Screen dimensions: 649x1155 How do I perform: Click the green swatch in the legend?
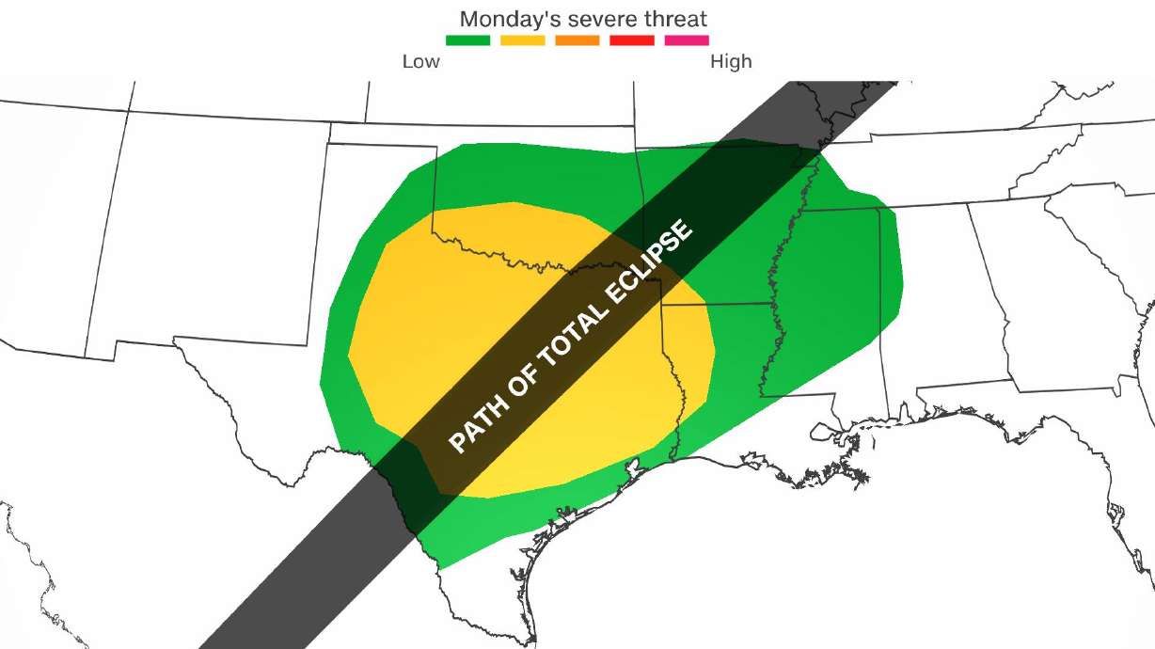point(467,40)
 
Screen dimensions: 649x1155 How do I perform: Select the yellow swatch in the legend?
point(522,40)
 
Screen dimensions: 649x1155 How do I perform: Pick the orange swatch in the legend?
point(577,40)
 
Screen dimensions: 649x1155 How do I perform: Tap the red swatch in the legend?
point(631,40)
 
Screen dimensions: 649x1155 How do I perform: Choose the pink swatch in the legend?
point(686,40)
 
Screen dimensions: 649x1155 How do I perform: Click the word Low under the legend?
point(420,62)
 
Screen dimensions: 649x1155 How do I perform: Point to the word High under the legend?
point(731,62)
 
